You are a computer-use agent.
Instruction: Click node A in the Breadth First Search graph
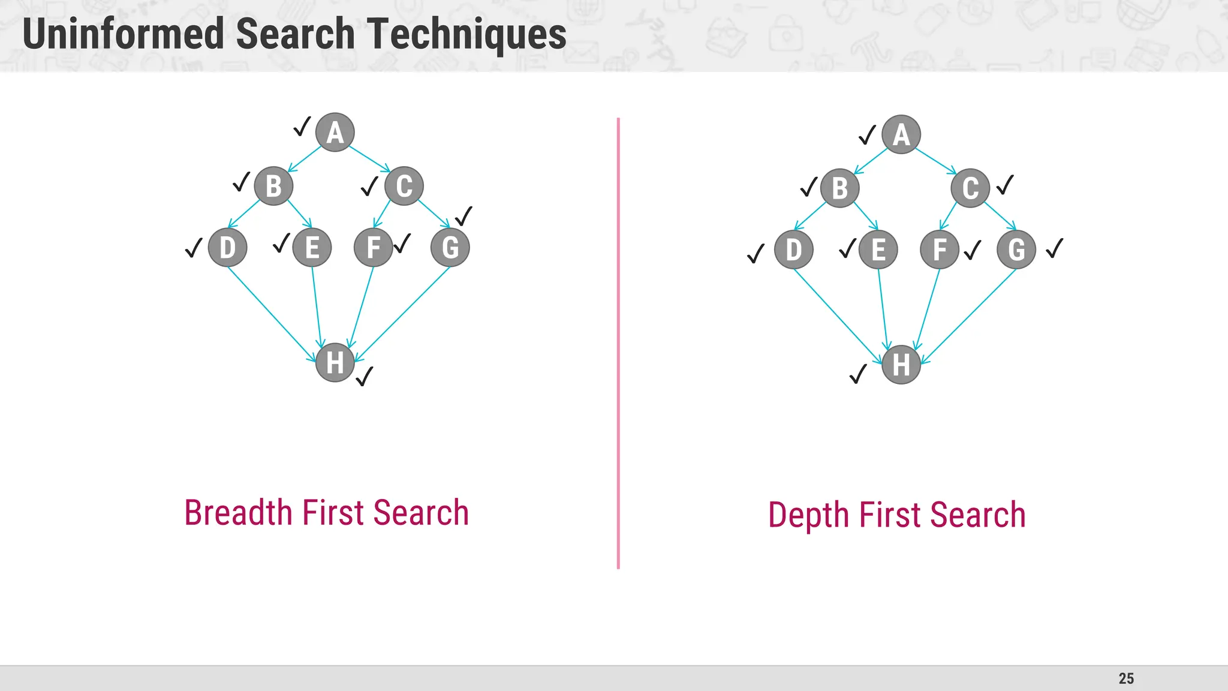[335, 133]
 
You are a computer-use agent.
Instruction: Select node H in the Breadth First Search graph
[335, 362]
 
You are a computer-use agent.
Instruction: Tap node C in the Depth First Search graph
[970, 188]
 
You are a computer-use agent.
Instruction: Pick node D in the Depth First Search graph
[794, 250]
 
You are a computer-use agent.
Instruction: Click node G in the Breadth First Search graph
[450, 247]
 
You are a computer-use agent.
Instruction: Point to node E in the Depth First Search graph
[878, 250]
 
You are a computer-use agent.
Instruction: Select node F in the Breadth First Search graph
[374, 247]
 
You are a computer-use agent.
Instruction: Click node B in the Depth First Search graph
[840, 188]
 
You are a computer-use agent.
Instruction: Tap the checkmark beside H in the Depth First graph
[859, 374]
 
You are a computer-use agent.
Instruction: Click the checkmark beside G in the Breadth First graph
[464, 216]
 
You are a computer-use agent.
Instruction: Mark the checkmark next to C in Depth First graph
[1006, 185]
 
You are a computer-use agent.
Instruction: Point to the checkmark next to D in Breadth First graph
[194, 248]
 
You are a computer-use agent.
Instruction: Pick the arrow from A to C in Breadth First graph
[369, 158]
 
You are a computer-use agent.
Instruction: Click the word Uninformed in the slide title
[124, 34]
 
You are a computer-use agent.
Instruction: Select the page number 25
[1126, 678]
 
